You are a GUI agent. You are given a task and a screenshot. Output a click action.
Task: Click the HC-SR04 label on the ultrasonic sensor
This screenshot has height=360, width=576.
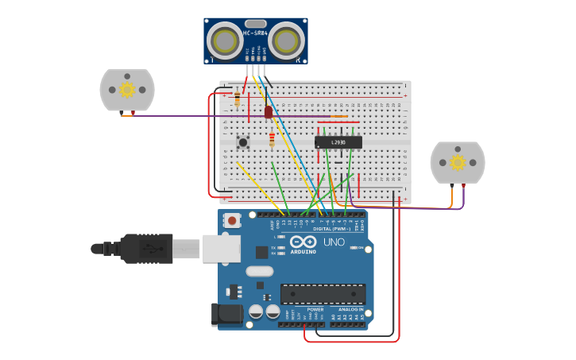coord(255,33)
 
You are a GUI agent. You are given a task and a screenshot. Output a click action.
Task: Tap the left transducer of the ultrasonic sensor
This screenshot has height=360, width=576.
coord(225,41)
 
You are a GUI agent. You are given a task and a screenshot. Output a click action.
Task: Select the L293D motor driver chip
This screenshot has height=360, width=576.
coord(338,142)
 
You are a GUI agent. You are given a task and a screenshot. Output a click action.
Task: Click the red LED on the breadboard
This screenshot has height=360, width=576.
coord(269,112)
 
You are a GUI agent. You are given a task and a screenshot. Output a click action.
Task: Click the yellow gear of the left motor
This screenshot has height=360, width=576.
coord(127,90)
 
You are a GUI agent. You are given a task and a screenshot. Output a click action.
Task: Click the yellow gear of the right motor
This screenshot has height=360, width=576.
coord(458,162)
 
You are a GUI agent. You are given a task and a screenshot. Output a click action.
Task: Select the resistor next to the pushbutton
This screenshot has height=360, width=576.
coord(272,140)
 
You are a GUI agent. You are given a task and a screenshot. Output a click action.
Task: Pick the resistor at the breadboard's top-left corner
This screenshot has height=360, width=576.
coord(237,99)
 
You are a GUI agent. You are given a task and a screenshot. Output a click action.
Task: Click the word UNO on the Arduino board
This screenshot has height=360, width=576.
coord(334,242)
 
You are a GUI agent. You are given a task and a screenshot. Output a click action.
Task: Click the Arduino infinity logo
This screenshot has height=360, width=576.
coord(303,242)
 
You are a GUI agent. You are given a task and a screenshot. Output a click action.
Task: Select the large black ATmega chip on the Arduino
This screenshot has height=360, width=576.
coord(323,294)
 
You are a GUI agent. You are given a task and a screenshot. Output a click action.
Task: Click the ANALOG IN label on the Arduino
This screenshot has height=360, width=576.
coord(350,309)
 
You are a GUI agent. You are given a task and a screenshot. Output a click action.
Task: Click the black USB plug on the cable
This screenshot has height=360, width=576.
coord(146,249)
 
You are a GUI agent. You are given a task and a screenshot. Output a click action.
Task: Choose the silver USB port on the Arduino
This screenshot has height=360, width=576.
coord(221,249)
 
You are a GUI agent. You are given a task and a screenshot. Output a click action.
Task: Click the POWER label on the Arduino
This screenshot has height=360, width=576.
coord(304,309)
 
